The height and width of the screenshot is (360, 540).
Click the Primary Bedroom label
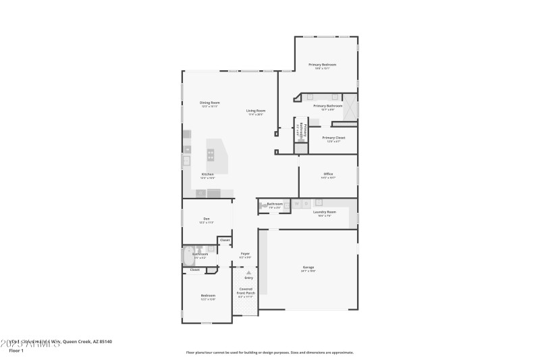pos(322,65)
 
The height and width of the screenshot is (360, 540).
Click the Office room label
pos(327,174)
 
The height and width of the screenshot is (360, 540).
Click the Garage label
pos(308,268)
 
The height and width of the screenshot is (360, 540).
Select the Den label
pos(207,219)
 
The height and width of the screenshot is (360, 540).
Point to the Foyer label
pos(245,254)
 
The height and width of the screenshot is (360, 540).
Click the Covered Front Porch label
pos(246,293)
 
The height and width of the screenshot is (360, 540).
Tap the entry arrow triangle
pos(248,272)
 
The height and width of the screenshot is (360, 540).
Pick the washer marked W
pos(295,203)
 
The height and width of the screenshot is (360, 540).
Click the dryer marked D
pos(306,203)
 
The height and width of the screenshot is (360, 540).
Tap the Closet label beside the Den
pos(225,240)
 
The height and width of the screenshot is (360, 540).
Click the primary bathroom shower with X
pos(350,111)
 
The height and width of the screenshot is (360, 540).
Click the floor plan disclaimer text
pos(269,352)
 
